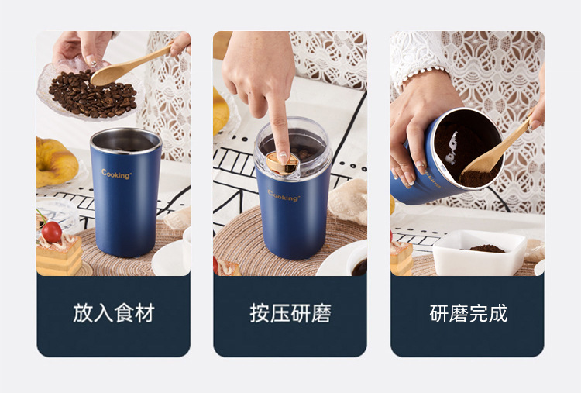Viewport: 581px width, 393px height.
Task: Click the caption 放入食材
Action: tap(114, 313)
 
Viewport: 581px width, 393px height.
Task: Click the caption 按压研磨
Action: tap(290, 313)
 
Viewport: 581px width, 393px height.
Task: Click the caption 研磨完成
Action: tap(468, 313)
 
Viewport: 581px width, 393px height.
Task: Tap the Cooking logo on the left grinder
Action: tap(116, 174)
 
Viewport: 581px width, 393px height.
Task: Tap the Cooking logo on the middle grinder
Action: tap(284, 195)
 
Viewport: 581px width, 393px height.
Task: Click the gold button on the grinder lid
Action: tap(283, 162)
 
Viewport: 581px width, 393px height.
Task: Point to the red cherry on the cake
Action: tap(52, 231)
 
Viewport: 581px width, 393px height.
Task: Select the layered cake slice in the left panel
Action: tap(59, 256)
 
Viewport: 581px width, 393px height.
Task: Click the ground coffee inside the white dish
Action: tap(487, 248)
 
